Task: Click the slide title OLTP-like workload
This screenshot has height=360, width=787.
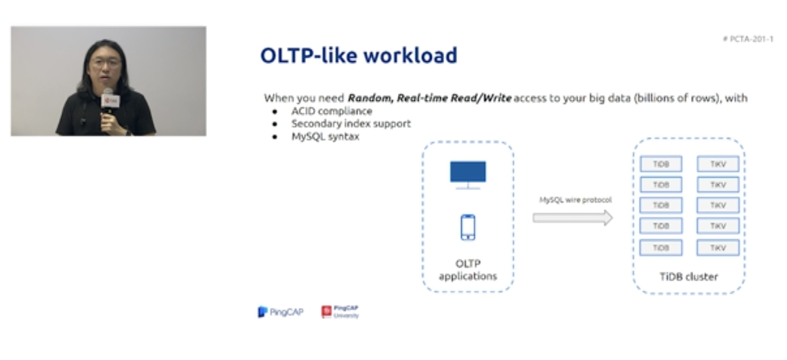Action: coord(359,55)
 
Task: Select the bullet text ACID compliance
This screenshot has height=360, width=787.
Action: coord(332,111)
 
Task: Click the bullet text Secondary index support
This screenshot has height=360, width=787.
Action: coord(351,124)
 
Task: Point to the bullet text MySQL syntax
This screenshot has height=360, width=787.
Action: coord(325,136)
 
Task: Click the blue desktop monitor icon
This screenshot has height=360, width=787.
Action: coord(468,175)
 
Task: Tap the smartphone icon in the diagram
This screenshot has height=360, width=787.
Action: coord(468,227)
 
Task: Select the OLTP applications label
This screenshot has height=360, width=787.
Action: coord(468,270)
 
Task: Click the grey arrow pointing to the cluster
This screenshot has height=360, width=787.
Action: coord(573,218)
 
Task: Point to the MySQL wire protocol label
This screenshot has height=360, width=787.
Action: coord(576,200)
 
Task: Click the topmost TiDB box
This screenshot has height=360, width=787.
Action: coord(661,164)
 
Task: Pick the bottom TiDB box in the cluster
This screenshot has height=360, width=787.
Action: coord(661,248)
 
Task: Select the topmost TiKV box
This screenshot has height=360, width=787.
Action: coord(718,164)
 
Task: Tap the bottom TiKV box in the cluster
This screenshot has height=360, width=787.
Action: coord(718,248)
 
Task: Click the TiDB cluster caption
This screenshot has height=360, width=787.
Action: coord(689,277)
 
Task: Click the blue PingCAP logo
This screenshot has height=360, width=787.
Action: coord(281,312)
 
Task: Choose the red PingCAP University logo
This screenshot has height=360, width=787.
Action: coord(340,312)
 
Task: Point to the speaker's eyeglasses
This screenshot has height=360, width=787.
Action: coord(105,64)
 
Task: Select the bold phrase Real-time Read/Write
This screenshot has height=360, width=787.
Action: coord(454,98)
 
